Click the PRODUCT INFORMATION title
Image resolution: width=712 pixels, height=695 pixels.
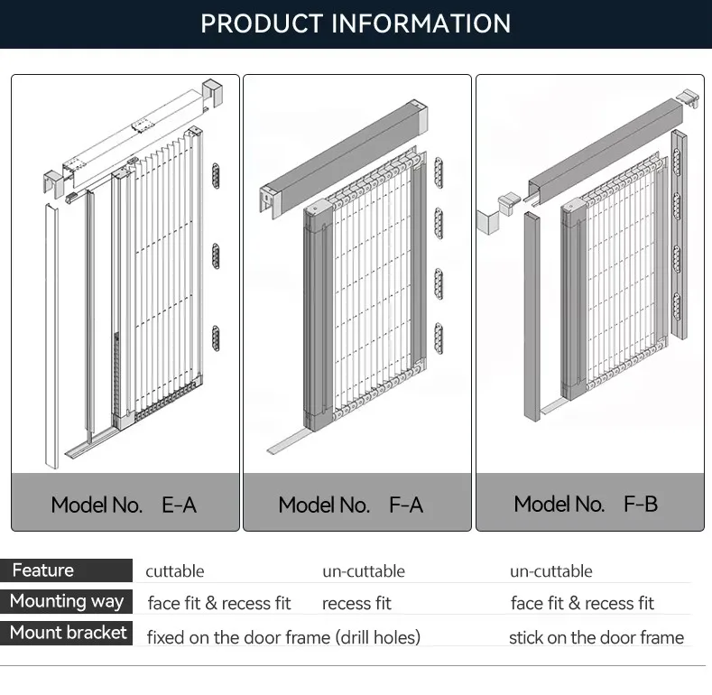(x=356, y=23)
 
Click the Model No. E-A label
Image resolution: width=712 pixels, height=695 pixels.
(x=124, y=505)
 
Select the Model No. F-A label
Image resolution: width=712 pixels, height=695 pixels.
(x=351, y=505)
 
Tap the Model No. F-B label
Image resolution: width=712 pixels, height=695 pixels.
(x=586, y=504)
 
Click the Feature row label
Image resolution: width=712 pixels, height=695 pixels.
(x=43, y=570)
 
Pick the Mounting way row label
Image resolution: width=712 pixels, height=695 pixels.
(x=67, y=601)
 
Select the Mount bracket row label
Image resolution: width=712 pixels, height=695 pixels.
(x=69, y=633)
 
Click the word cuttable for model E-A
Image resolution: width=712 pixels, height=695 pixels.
(x=175, y=571)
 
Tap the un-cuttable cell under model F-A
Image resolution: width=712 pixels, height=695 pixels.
(x=364, y=571)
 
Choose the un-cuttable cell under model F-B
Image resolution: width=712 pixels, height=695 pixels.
(x=551, y=571)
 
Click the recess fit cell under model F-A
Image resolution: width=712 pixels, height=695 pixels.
(x=356, y=603)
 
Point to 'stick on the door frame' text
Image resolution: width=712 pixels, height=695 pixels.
(x=596, y=637)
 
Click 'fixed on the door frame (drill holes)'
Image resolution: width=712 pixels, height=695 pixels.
(x=283, y=637)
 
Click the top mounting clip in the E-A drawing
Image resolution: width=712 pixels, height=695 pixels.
(x=216, y=175)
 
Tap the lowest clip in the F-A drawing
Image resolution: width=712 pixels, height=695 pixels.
(x=439, y=338)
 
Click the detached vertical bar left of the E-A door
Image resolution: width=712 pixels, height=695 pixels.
(x=51, y=334)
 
